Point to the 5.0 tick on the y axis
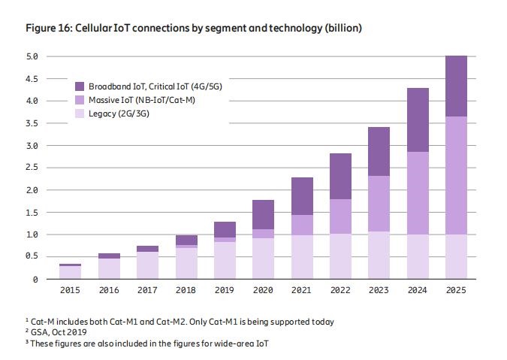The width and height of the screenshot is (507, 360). [x=32, y=56]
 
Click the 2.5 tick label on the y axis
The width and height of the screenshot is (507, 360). [x=32, y=168]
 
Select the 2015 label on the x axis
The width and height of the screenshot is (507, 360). [x=71, y=291]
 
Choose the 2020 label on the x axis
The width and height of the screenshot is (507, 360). [x=263, y=291]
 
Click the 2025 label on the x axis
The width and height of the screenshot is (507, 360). [x=456, y=291]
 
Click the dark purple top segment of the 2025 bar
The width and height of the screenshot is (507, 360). [x=456, y=86]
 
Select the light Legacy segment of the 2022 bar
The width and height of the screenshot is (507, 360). [x=340, y=256]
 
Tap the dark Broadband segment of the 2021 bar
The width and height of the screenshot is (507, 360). [x=302, y=196]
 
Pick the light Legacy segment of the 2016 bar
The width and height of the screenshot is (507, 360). [x=109, y=268]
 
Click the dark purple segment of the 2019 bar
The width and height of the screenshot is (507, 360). [x=225, y=229]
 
